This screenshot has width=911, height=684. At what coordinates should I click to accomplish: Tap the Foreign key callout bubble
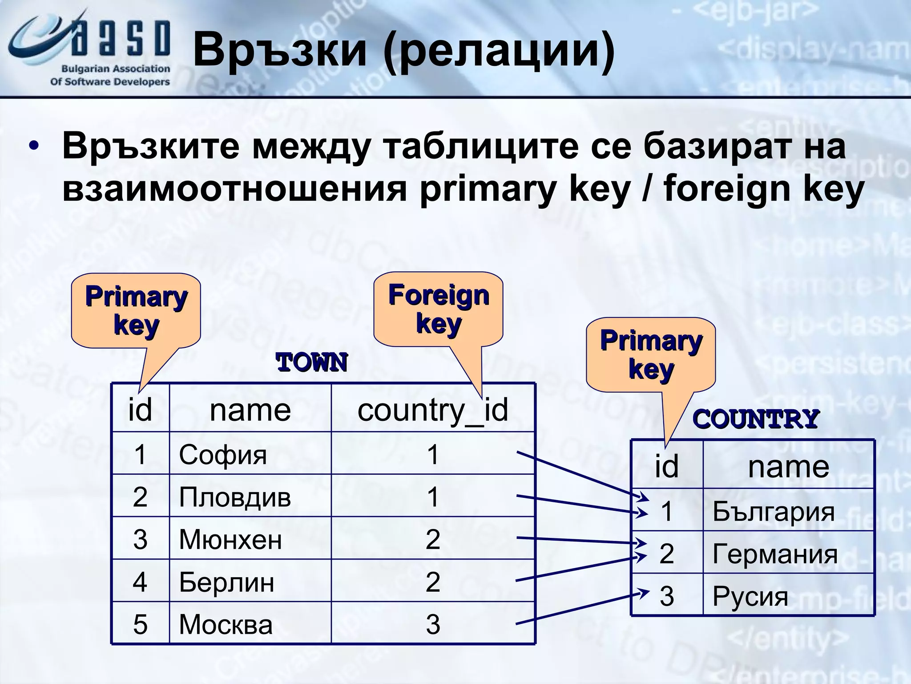[x=438, y=309]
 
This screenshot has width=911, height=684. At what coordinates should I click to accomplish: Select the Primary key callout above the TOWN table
[x=136, y=310]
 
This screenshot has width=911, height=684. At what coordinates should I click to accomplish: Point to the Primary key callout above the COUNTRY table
[x=651, y=354]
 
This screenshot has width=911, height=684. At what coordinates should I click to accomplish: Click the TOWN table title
[x=312, y=362]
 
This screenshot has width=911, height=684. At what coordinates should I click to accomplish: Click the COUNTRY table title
[x=755, y=419]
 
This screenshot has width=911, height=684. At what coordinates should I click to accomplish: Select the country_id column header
[x=432, y=409]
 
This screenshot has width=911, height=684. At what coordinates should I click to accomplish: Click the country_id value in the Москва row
[x=433, y=624]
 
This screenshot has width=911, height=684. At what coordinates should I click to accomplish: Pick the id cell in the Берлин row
[x=140, y=582]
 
